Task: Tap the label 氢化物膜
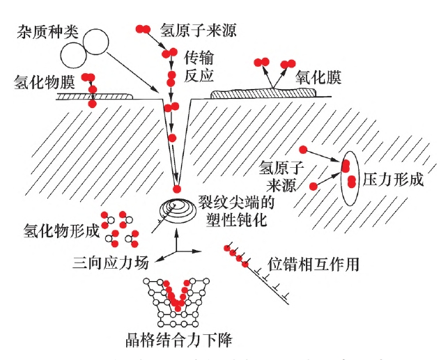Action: (44, 82)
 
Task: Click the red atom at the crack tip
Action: (177, 189)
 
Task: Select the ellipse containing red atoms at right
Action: (349, 178)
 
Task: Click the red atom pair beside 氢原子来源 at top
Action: (143, 29)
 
